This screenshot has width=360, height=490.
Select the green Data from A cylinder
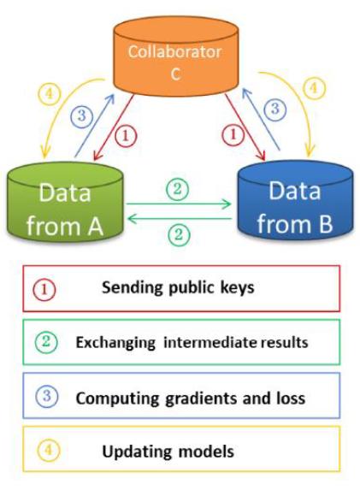pyautogui.click(x=65, y=204)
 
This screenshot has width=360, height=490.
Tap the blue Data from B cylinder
pyautogui.click(x=295, y=202)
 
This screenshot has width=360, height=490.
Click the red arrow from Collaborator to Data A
pyautogui.click(x=114, y=127)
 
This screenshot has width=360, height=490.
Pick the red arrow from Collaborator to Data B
pyautogui.click(x=245, y=127)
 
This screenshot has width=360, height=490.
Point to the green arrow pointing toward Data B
pyautogui.click(x=179, y=204)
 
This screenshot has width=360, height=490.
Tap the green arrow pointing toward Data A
pyautogui.click(x=180, y=219)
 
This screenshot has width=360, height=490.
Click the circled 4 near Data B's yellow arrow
pyautogui.click(x=314, y=88)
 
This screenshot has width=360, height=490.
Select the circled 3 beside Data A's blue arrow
pyautogui.click(x=82, y=116)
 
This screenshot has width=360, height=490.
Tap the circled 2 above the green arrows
pyautogui.click(x=177, y=189)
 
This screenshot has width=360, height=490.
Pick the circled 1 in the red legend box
pyautogui.click(x=44, y=289)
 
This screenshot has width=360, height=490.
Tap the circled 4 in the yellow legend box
pyautogui.click(x=49, y=451)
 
